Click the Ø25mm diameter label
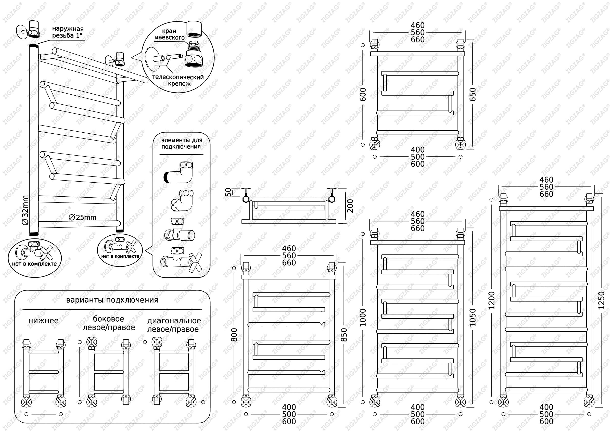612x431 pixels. click(x=83, y=218)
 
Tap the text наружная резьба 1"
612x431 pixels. click(x=68, y=32)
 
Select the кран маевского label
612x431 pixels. click(x=170, y=34)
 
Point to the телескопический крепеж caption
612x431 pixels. click(x=178, y=81)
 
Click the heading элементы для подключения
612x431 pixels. click(x=182, y=143)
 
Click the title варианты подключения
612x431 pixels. click(x=112, y=300)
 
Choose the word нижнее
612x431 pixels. click(x=43, y=321)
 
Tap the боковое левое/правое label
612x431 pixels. click(x=109, y=323)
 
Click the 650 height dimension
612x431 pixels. click(x=472, y=94)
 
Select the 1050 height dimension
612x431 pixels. click(x=472, y=318)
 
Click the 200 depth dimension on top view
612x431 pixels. click(x=350, y=206)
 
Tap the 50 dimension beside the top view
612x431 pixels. click(x=228, y=192)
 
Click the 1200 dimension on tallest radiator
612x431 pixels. click(x=492, y=300)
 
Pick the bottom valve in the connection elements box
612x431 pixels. click(x=181, y=260)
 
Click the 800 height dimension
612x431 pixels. click(x=234, y=335)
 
